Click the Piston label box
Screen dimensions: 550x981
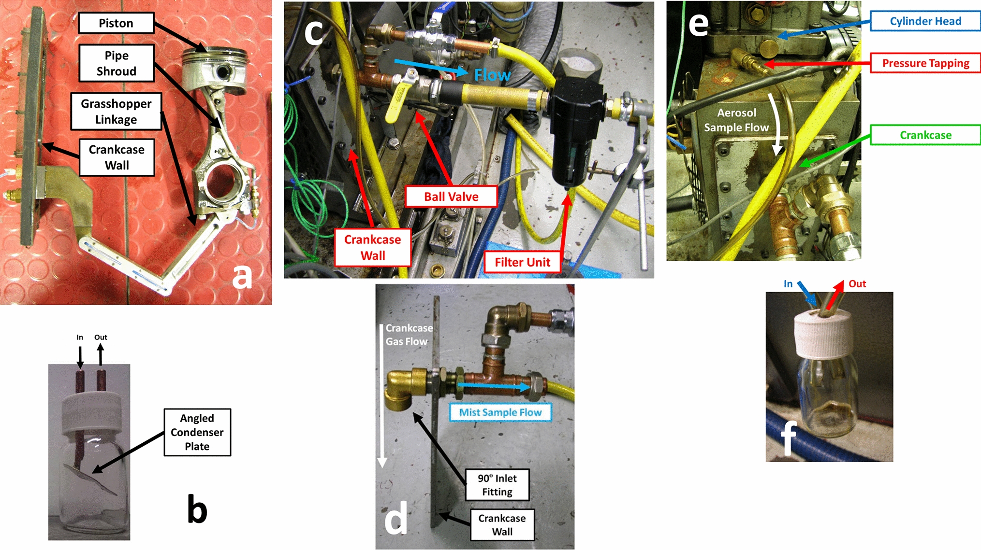tap(116, 23)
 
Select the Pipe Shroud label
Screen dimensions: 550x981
tap(117, 63)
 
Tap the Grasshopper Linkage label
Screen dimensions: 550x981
tap(116, 112)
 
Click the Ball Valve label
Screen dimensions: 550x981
tap(451, 197)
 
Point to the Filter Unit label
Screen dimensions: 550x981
tap(522, 262)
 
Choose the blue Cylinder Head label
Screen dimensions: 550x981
tap(925, 21)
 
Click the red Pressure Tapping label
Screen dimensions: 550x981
tap(925, 63)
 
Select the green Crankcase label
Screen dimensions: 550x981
tap(925, 135)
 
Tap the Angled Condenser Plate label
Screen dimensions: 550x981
tap(197, 432)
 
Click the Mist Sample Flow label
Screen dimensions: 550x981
tap(500, 412)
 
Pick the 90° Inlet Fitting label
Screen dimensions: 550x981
tap(497, 485)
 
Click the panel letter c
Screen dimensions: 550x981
tap(313, 32)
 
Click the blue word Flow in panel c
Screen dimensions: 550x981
tap(492, 75)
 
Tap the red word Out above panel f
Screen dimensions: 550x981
tap(857, 284)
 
